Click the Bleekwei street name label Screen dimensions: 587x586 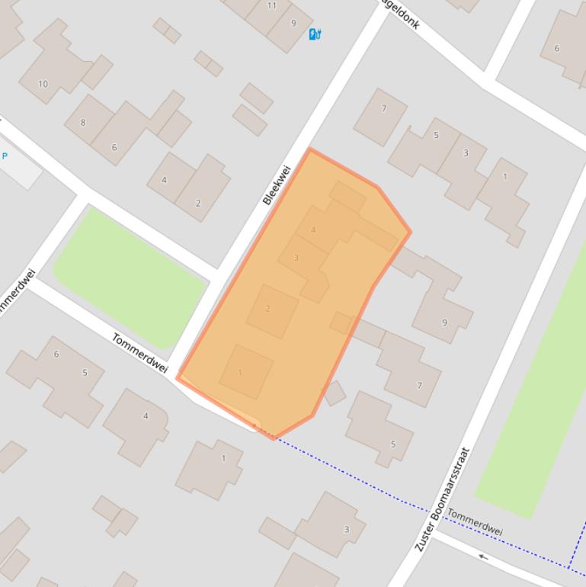277,185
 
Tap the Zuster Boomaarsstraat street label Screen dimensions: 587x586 442,499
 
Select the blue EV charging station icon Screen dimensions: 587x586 315,34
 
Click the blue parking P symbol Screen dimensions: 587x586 5,156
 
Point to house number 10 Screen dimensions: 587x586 43,84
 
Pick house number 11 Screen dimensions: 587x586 272,5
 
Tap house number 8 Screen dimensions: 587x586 83,122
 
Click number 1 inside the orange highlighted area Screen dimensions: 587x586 240,373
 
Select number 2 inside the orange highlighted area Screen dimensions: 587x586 267,309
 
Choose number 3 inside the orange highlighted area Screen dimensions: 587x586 296,258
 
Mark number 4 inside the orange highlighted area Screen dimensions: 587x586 313,229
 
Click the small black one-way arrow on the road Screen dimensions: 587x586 483,557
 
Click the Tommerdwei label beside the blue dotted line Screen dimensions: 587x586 474,521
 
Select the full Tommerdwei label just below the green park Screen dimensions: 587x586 139,353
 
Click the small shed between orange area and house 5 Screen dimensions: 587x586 335,393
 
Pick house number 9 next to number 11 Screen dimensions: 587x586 293,23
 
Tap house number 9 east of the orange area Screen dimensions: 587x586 444,322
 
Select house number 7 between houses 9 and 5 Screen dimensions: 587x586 419,386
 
